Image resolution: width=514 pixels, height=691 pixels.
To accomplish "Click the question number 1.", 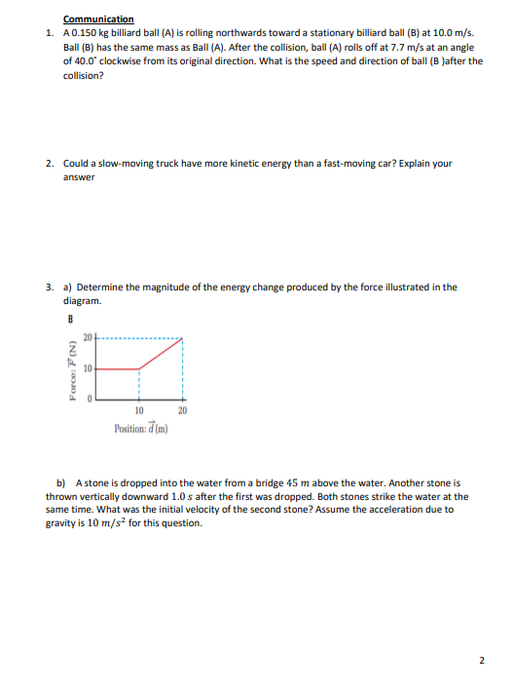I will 50,32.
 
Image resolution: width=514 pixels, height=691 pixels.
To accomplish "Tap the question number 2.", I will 50,164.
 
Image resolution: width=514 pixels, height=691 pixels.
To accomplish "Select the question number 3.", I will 50,288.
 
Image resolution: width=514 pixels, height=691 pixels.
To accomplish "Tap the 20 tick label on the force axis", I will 86,338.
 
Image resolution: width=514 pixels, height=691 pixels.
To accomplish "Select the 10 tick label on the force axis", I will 86,369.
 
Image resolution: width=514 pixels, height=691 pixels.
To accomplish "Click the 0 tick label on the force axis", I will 89,400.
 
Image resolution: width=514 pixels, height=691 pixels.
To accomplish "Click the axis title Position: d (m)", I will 140,427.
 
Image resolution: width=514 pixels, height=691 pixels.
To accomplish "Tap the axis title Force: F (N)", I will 71,369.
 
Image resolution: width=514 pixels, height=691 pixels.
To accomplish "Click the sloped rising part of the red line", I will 161,354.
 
